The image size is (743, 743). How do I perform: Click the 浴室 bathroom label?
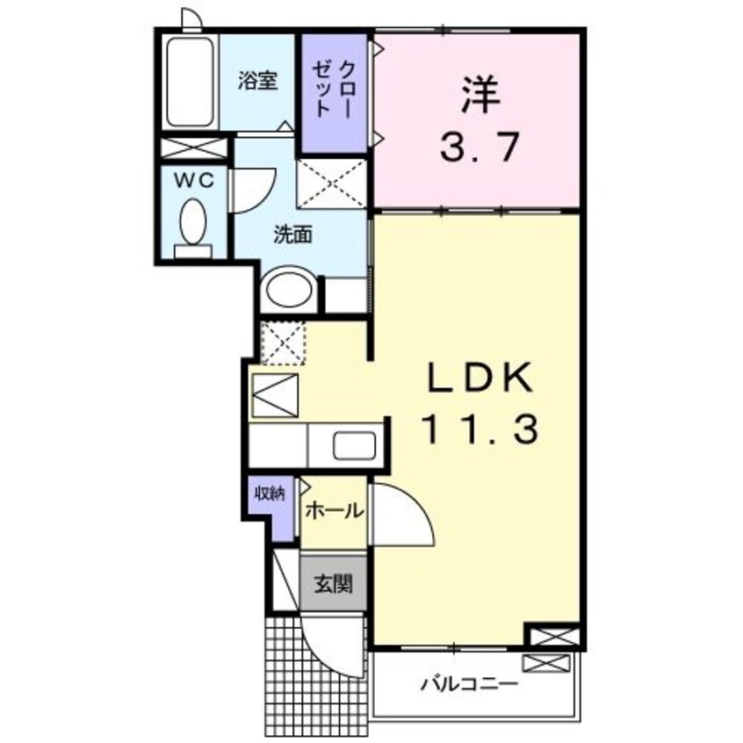[x=258, y=81]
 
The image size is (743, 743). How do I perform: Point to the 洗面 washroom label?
[x=292, y=235]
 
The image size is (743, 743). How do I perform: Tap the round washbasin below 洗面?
[x=289, y=288]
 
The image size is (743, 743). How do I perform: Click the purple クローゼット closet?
[x=335, y=91]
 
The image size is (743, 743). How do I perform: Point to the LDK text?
[x=480, y=379]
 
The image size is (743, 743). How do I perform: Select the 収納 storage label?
[x=269, y=494]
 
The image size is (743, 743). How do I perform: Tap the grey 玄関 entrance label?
[x=333, y=583]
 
